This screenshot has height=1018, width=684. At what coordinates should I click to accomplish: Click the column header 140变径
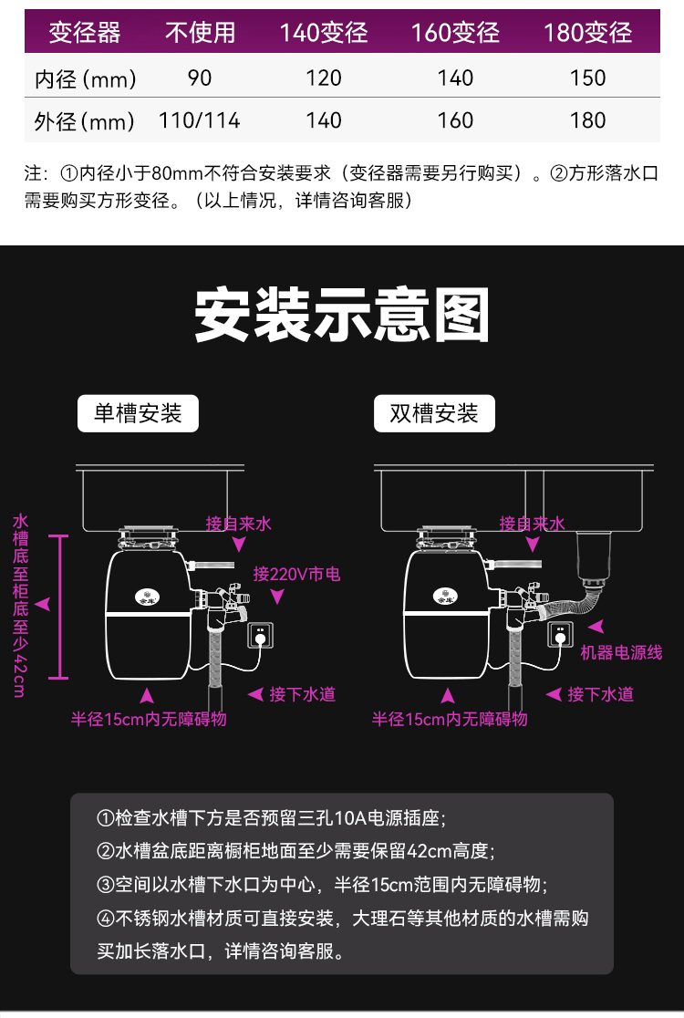[x=323, y=33]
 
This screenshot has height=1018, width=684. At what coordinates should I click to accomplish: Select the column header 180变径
[x=587, y=33]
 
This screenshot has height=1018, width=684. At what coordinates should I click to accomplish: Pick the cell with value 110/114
[x=199, y=119]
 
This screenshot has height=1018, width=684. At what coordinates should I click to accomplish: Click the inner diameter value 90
[x=199, y=78]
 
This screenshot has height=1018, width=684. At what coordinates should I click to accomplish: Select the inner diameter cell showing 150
[x=587, y=78]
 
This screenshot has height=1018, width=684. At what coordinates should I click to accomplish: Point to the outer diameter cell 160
[x=455, y=119]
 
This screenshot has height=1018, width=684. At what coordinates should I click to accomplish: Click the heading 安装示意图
[x=342, y=316]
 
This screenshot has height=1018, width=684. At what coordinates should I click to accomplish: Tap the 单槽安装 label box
[x=138, y=413]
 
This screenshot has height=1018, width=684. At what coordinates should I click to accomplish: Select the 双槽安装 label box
[x=434, y=413]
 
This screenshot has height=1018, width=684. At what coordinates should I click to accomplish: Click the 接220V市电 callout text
[x=296, y=574]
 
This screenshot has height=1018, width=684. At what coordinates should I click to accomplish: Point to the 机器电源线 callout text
[x=621, y=652]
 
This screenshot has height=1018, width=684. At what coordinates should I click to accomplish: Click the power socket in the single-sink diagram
[x=260, y=634]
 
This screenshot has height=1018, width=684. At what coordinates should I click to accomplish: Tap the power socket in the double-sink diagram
[x=558, y=634]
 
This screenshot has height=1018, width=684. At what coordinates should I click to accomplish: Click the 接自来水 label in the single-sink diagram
[x=238, y=524]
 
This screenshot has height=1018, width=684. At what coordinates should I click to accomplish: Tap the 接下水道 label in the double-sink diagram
[x=600, y=694]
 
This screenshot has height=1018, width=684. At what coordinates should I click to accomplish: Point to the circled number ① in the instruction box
[x=105, y=817]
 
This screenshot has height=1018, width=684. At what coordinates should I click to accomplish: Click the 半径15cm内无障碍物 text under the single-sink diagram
[x=149, y=719]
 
